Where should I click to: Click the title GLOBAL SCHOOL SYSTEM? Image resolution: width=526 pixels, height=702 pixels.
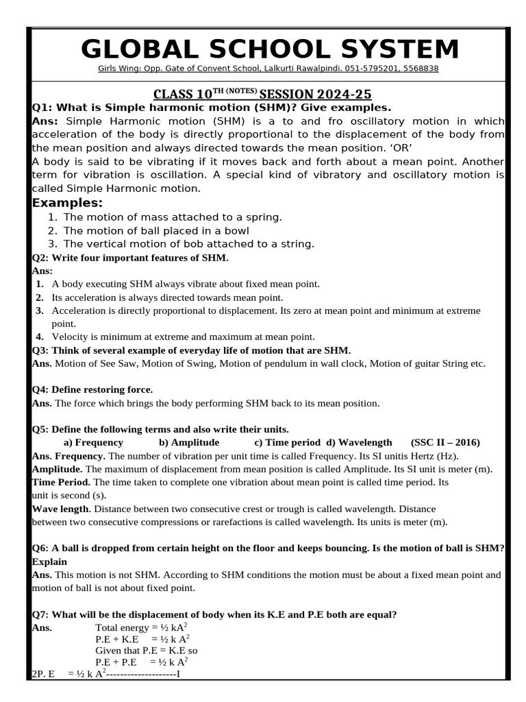point(270,50)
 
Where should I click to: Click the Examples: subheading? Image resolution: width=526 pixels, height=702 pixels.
point(68,203)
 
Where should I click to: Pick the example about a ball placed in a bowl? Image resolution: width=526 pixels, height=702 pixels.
point(156,230)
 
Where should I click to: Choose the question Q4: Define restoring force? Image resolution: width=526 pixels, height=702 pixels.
point(92,389)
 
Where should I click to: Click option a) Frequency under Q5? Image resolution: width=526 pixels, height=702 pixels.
point(93,442)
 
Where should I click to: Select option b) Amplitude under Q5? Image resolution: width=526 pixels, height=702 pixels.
point(189,442)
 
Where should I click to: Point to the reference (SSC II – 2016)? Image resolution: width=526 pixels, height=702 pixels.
point(445,442)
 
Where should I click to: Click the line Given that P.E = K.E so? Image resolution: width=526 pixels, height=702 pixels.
point(147,650)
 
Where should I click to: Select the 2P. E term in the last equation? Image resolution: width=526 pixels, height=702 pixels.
point(44,675)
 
